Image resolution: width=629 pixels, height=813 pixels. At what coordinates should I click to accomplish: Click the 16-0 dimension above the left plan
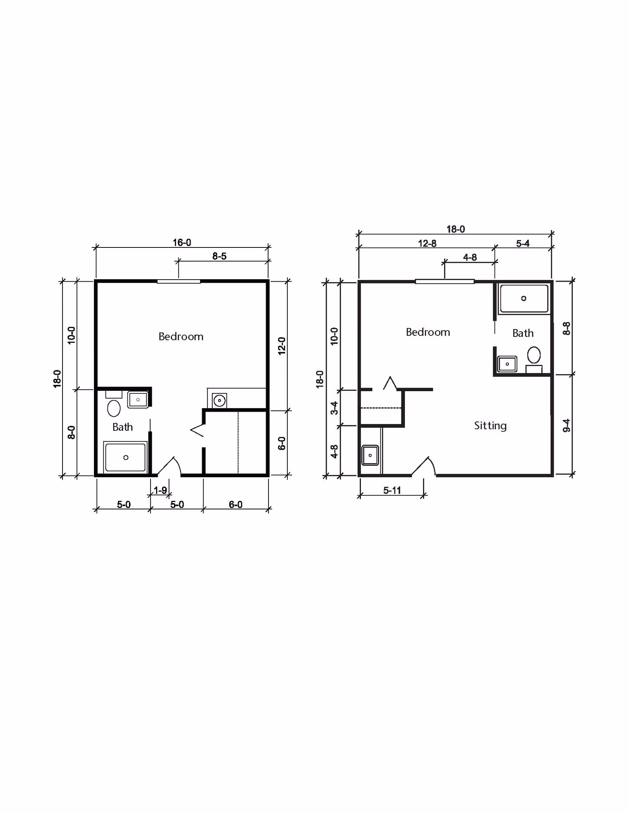[x=182, y=243]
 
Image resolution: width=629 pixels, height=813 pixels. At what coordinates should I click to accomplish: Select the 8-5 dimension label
[x=219, y=256]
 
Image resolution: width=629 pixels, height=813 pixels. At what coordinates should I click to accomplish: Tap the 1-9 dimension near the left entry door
[x=160, y=490]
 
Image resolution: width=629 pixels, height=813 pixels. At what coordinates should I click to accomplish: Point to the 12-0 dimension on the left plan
[x=282, y=346]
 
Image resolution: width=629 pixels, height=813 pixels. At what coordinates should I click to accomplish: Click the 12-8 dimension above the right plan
[x=427, y=244]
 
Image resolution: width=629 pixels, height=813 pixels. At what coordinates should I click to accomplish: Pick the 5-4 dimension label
[x=522, y=244]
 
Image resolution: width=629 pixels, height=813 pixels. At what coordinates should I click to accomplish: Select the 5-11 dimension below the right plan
[x=392, y=490]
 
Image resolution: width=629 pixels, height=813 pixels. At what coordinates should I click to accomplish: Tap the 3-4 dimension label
[x=334, y=408]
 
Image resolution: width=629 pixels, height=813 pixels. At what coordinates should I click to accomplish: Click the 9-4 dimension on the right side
[x=566, y=425]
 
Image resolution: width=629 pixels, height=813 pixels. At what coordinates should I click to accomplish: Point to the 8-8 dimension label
[x=566, y=328]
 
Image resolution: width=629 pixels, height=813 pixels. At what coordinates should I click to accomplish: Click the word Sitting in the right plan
[x=490, y=426]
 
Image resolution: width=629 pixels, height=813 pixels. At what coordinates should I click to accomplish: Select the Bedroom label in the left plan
[x=181, y=337]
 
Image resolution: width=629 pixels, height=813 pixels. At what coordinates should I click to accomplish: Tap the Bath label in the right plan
[x=523, y=333]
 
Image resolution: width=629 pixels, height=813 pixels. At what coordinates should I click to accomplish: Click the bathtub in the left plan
[x=125, y=458]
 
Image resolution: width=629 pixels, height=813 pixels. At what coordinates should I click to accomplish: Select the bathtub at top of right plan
[x=524, y=299]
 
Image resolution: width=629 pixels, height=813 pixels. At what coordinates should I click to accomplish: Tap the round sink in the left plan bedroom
[x=219, y=401]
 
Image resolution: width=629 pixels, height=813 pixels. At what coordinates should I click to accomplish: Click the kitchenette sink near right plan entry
[x=370, y=455]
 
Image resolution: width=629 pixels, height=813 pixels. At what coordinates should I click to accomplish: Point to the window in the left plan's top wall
[x=179, y=281]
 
